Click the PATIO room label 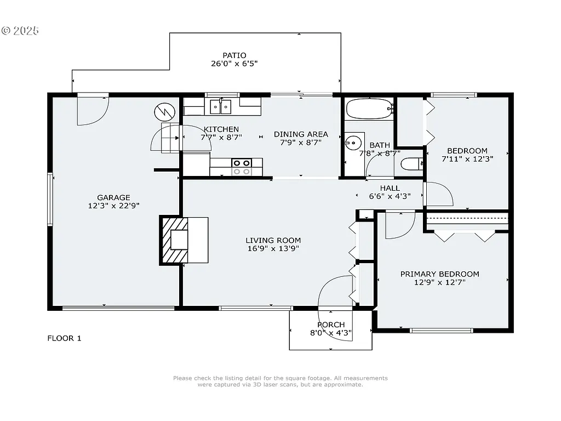click(234, 55)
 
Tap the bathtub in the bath click(369, 109)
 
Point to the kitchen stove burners click(241, 167)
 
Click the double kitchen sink click(221, 106)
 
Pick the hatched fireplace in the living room click(174, 240)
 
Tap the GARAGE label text click(113, 198)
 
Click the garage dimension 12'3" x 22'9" click(113, 206)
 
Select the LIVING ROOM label click(273, 240)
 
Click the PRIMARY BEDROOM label click(439, 274)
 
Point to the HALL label click(390, 188)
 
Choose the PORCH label click(331, 325)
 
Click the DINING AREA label click(301, 134)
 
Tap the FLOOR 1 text click(64, 338)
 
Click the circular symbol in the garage click(163, 113)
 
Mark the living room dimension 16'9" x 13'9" click(273, 248)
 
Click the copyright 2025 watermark click(20, 31)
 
